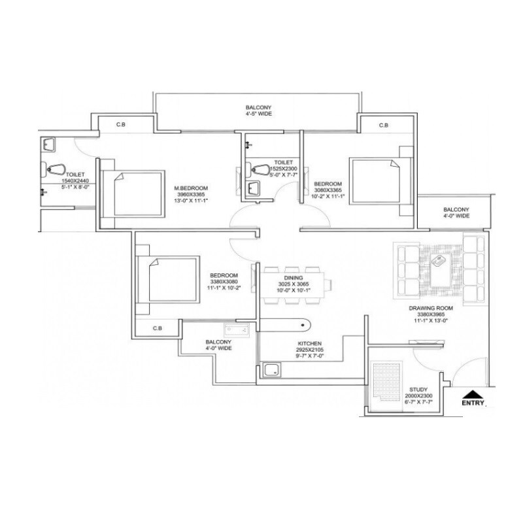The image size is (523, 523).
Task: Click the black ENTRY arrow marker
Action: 474,394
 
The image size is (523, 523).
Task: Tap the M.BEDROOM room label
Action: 186,190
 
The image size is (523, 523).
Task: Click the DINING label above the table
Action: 292,277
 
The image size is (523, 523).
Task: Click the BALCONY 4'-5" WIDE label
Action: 259,110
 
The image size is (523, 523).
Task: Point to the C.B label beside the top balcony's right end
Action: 383,125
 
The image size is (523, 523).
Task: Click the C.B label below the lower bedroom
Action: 157,328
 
